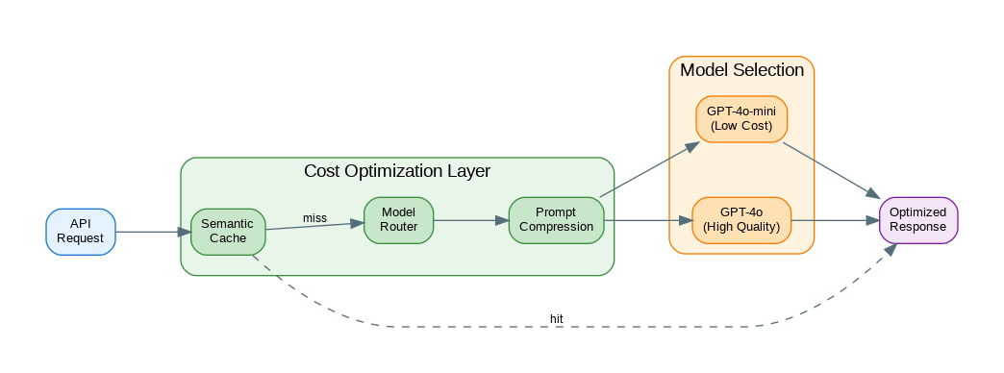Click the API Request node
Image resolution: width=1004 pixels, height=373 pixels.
(x=81, y=231)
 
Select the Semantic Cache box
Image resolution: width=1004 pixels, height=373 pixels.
(x=227, y=231)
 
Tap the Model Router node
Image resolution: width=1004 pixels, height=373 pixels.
(x=398, y=220)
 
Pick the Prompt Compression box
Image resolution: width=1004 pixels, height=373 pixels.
(x=556, y=220)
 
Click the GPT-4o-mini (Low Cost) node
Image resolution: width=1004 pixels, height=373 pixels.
(x=741, y=119)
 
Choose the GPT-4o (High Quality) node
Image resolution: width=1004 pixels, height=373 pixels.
(x=741, y=220)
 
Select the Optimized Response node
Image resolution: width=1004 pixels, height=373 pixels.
(x=918, y=220)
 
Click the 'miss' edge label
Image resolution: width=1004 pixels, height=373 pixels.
(x=314, y=218)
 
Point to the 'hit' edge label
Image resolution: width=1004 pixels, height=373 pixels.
(x=557, y=318)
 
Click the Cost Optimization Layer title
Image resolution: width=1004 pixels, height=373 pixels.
(x=397, y=172)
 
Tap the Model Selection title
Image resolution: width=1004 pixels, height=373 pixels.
(x=741, y=70)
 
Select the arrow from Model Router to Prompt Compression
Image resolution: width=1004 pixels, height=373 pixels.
(x=470, y=220)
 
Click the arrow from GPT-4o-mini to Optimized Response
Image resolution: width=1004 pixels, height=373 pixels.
(x=832, y=169)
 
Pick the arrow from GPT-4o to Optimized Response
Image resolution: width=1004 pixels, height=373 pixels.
(x=835, y=220)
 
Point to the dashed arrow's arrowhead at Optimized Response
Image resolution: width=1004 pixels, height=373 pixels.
(x=891, y=249)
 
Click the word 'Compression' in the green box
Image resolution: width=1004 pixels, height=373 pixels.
(x=556, y=227)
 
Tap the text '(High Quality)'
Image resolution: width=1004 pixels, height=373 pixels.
(x=741, y=227)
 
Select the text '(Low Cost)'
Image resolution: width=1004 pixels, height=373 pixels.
(x=741, y=126)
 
